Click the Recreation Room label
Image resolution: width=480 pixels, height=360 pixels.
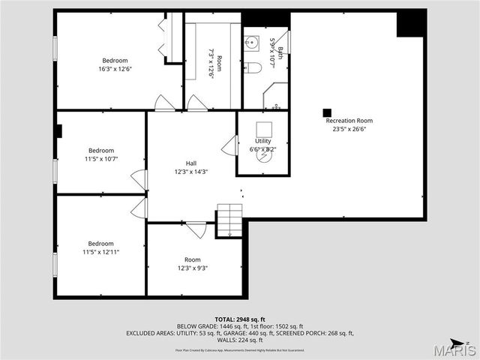pyautogui.click(x=349, y=120)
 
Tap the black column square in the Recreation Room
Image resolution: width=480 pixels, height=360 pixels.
pyautogui.click(x=327, y=112)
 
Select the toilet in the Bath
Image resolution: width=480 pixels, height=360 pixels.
pyautogui.click(x=253, y=68)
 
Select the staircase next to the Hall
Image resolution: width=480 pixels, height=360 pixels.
pyautogui.click(x=229, y=220)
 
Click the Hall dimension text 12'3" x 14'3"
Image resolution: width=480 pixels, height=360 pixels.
pyautogui.click(x=191, y=172)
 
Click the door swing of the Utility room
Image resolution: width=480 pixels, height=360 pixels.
pyautogui.click(x=230, y=145)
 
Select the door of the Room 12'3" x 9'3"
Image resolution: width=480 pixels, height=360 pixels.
pyautogui.click(x=196, y=229)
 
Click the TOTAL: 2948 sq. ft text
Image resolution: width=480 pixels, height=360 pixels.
pyautogui.click(x=239, y=319)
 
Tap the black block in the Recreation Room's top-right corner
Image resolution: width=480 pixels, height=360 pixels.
pyautogui.click(x=410, y=23)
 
